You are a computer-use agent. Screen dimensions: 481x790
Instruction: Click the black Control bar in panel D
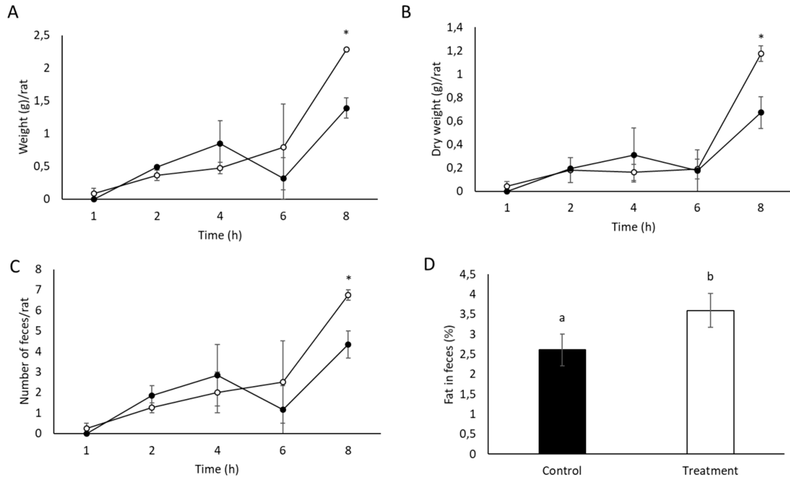click(562, 401)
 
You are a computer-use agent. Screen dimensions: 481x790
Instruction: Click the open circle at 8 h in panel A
click(346, 49)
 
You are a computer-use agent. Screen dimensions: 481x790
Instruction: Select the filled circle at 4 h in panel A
click(220, 144)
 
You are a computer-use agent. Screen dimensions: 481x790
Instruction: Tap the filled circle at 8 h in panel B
click(761, 112)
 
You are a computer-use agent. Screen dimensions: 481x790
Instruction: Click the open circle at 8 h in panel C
click(348, 295)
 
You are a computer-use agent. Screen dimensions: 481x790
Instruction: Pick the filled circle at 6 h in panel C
click(283, 409)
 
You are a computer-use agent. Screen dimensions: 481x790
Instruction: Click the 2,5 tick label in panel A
click(42, 35)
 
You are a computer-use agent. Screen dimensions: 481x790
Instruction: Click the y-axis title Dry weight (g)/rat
click(437, 109)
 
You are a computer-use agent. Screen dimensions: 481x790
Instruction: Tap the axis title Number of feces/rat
click(24, 351)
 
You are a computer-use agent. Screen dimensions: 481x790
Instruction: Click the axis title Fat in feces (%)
click(449, 365)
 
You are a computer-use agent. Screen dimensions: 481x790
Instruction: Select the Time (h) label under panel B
click(633, 227)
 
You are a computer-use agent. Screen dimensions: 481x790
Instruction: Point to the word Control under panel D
click(562, 471)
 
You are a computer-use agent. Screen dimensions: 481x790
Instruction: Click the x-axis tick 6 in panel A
click(283, 216)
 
